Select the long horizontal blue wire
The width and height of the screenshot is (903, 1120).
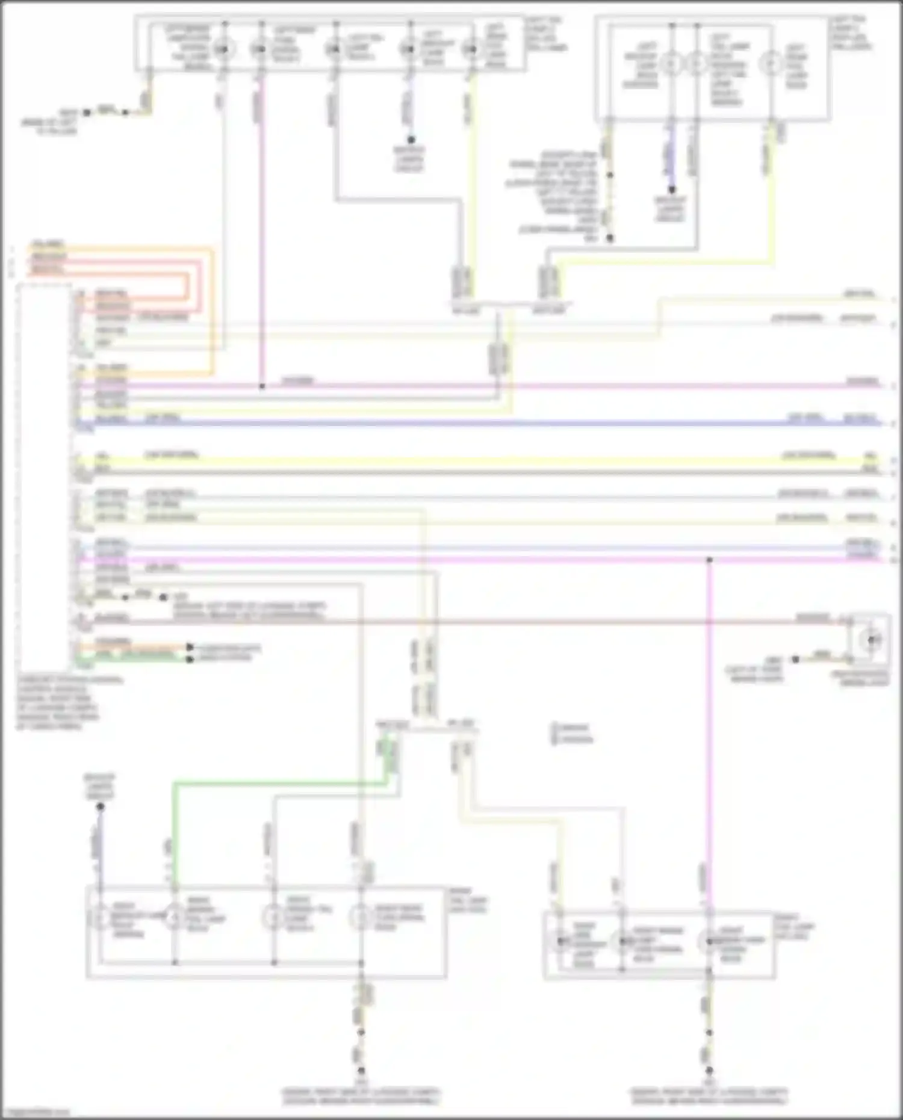[x=482, y=423]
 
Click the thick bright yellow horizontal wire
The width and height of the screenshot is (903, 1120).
[x=482, y=461]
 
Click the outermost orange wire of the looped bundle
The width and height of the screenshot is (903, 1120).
[x=212, y=313]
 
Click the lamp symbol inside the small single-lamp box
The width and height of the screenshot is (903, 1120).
[x=871, y=640]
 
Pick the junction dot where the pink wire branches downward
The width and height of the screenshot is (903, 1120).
[x=709, y=560]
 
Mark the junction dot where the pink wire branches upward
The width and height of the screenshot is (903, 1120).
[x=262, y=386]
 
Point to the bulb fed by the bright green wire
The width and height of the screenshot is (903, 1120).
[x=174, y=918]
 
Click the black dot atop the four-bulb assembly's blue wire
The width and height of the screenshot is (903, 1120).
[x=100, y=806]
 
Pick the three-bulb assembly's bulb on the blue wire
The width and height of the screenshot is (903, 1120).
[x=671, y=63]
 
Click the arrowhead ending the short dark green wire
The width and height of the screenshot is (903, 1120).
[x=190, y=659]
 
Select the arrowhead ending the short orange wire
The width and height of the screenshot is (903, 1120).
[x=190, y=648]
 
